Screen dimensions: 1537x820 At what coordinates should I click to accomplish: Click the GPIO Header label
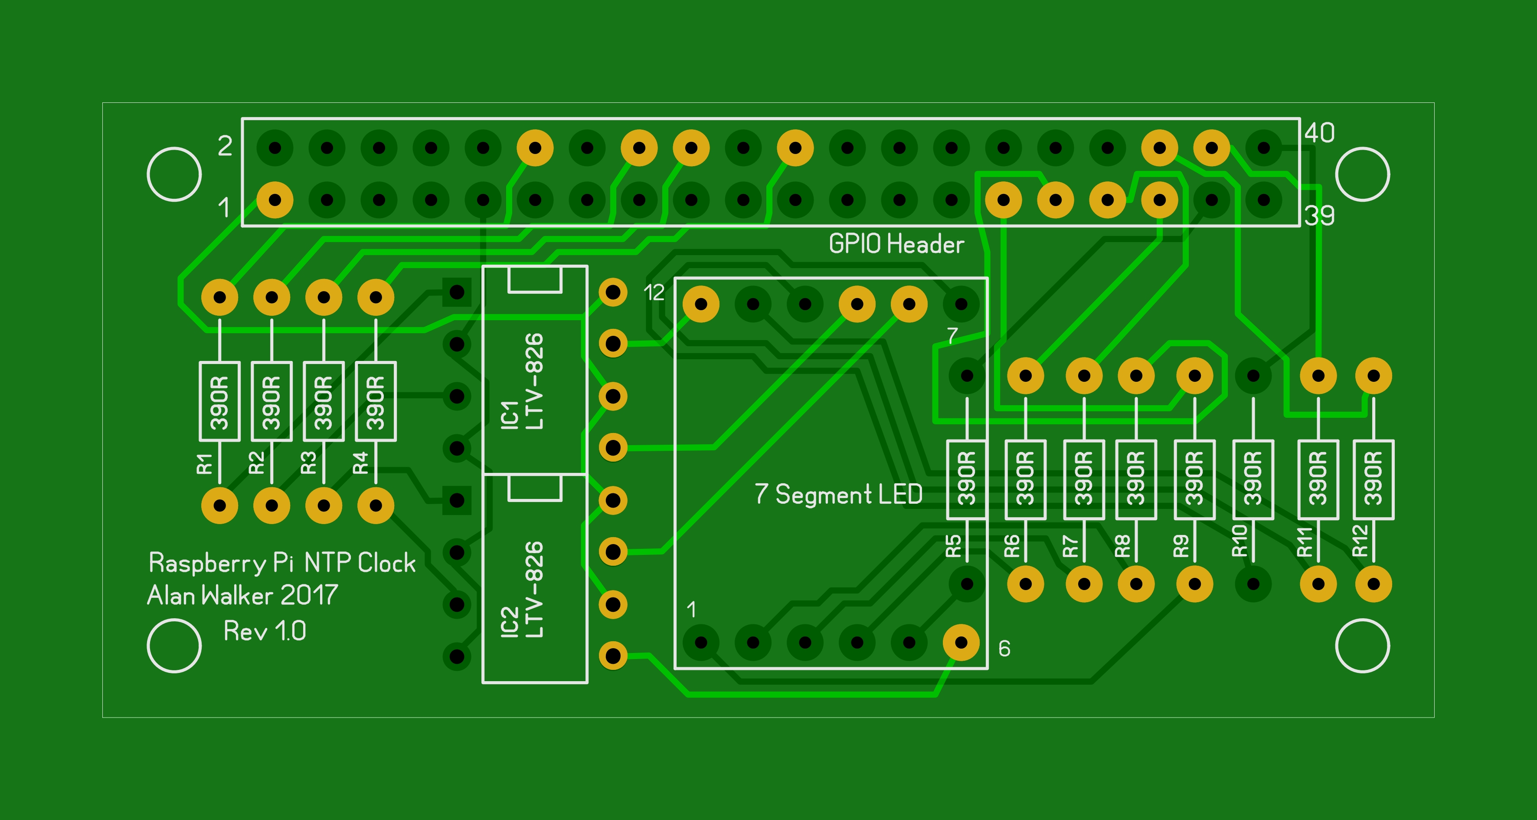coord(896,244)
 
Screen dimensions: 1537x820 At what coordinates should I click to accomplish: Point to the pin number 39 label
coord(1319,216)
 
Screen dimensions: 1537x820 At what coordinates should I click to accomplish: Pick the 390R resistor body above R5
coord(967,479)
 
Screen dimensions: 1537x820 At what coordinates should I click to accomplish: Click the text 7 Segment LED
coord(838,494)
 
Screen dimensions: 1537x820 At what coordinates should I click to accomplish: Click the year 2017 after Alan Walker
coord(309,595)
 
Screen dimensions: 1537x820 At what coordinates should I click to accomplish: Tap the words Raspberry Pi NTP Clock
coord(282,563)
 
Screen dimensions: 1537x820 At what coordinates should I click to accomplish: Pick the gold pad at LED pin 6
coord(961,642)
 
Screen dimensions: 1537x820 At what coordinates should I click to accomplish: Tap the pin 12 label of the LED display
coord(654,292)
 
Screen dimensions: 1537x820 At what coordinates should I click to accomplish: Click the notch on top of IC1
coord(535,280)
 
